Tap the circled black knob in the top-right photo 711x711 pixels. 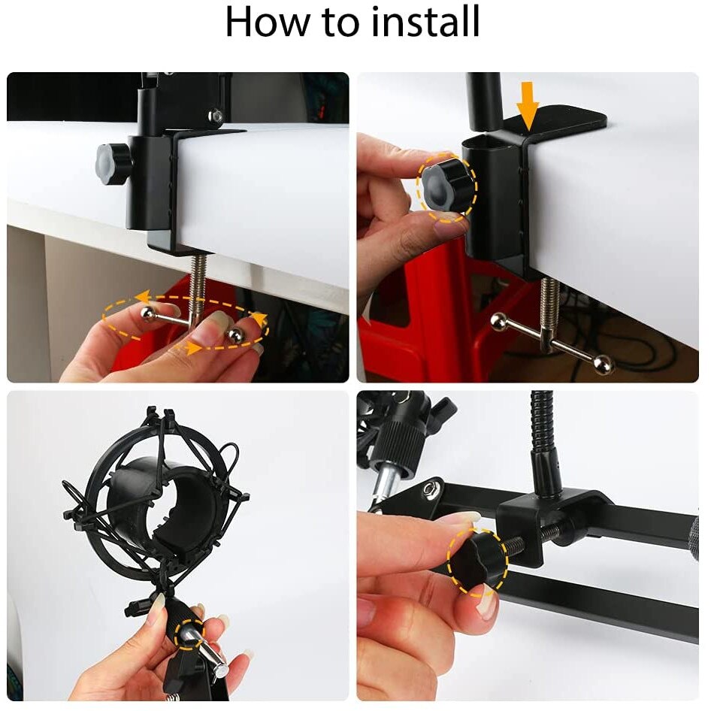(x=448, y=185)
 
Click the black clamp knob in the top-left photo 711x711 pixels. (x=113, y=163)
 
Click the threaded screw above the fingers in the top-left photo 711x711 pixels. (x=198, y=282)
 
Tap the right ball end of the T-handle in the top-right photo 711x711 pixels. (x=603, y=365)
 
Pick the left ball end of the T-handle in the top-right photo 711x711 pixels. (x=498, y=322)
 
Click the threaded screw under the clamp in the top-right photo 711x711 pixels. (x=549, y=301)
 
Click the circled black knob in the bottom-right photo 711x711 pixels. (x=477, y=560)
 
